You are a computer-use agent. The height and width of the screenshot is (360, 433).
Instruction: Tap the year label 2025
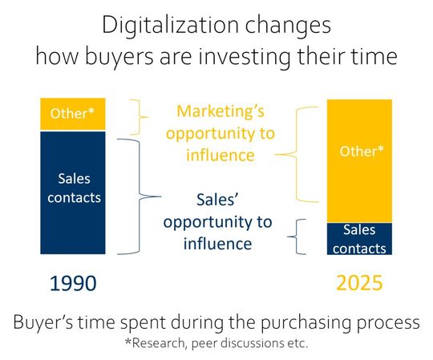(x=358, y=283)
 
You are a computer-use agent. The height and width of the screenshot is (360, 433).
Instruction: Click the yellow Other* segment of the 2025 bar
(x=359, y=160)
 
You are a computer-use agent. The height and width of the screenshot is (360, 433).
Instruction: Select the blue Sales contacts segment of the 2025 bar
(x=359, y=238)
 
